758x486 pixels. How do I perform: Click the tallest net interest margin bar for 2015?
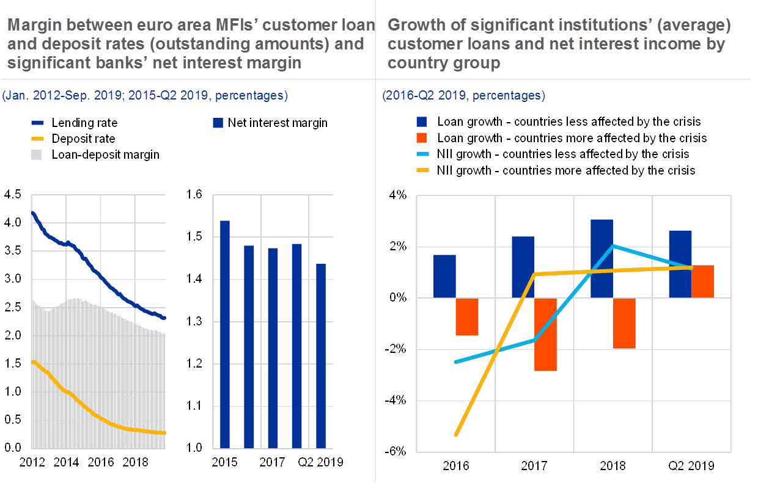pos(224,334)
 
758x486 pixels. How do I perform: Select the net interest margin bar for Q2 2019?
pos(320,356)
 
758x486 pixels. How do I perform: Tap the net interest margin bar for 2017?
pos(273,348)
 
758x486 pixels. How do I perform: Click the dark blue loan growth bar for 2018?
pos(602,258)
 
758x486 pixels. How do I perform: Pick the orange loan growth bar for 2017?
pos(546,334)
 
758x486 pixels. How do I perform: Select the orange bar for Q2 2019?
pos(702,281)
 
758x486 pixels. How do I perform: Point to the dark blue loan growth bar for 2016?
pos(444,276)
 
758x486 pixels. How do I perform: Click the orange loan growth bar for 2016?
pos(467,316)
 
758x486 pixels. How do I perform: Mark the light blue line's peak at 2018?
pos(613,246)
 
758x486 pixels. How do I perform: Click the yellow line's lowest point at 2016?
pos(456,435)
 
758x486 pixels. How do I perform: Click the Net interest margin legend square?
pos(218,123)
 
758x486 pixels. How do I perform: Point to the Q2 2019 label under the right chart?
pos(691,465)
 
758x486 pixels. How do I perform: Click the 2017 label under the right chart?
pos(535,465)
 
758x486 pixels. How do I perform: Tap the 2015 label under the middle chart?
pos(224,461)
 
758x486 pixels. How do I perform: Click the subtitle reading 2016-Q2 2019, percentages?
pos(463,96)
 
